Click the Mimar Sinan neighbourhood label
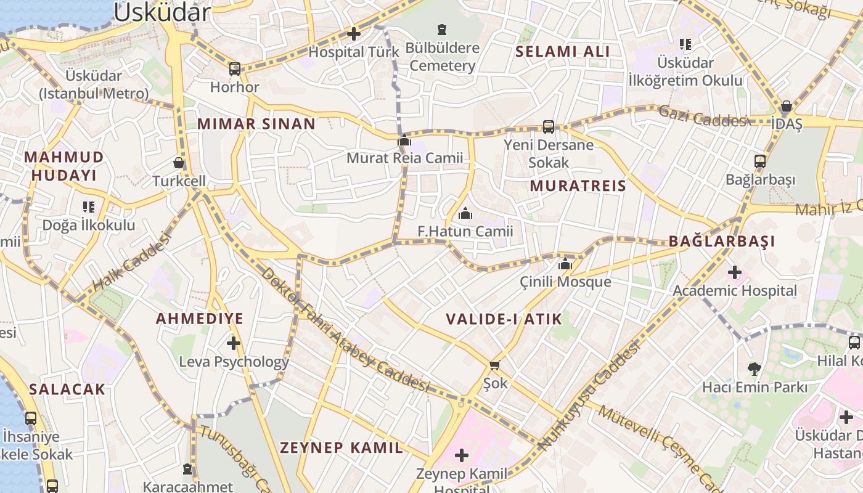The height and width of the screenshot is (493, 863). (x=256, y=124)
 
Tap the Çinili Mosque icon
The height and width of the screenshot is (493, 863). (x=565, y=264)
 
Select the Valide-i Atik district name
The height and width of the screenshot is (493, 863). (x=504, y=319)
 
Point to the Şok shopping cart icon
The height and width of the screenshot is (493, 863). (x=494, y=365)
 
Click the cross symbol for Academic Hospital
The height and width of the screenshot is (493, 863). (x=734, y=272)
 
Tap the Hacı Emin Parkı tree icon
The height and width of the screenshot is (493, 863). (x=754, y=369)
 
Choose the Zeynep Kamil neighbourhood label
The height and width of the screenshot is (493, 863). (x=342, y=447)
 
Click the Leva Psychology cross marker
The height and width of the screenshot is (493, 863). (x=233, y=343)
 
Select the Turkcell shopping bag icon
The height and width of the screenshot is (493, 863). (x=179, y=163)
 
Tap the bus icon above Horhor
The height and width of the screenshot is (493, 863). (x=235, y=68)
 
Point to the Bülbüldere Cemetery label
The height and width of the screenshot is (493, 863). (x=443, y=57)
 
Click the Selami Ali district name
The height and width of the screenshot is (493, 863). (x=563, y=52)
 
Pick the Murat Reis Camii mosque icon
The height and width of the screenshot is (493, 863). (x=404, y=141)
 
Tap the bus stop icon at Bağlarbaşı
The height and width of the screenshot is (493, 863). (x=760, y=162)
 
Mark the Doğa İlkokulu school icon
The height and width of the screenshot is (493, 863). (x=89, y=207)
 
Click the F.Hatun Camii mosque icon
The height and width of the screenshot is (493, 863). (x=465, y=214)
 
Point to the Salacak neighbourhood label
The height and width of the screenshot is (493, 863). (x=67, y=389)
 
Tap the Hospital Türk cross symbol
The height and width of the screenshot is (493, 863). (x=354, y=34)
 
